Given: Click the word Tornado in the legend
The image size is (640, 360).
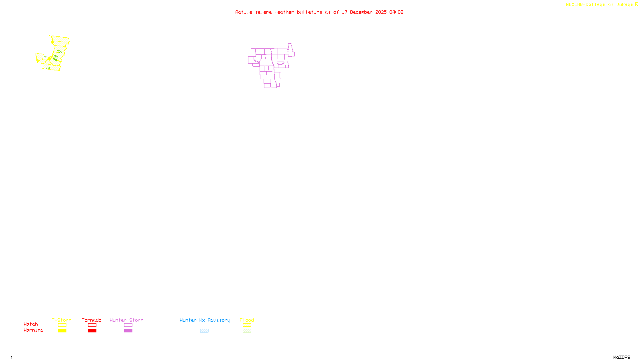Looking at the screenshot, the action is pyautogui.click(x=92, y=320).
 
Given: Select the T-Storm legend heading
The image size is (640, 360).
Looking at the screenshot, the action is pyautogui.click(x=62, y=320).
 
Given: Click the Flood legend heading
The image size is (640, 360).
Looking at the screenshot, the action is pyautogui.click(x=247, y=320).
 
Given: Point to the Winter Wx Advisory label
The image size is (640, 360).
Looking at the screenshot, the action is pyautogui.click(x=205, y=320).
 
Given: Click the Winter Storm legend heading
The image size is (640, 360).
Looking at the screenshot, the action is pyautogui.click(x=126, y=320).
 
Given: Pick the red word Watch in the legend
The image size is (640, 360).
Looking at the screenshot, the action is pyautogui.click(x=31, y=324).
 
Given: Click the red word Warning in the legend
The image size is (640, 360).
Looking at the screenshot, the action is pyautogui.click(x=33, y=330).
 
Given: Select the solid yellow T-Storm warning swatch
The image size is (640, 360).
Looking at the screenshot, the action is pyautogui.click(x=62, y=331).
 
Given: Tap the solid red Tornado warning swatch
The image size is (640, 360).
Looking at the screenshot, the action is pyautogui.click(x=92, y=331).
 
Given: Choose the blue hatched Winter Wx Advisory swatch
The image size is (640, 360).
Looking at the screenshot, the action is pyautogui.click(x=204, y=331).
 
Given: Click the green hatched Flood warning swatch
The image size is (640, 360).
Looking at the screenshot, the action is pyautogui.click(x=247, y=331).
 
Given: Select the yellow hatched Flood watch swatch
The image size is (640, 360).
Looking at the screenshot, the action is pyautogui.click(x=247, y=325).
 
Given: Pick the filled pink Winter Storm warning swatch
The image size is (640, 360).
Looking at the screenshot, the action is pyautogui.click(x=128, y=331).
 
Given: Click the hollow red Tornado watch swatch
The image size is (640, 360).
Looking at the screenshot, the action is pyautogui.click(x=92, y=325).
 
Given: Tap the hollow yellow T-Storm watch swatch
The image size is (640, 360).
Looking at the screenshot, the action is pyautogui.click(x=62, y=325).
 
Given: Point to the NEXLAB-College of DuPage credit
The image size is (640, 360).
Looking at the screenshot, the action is pyautogui.click(x=600, y=4).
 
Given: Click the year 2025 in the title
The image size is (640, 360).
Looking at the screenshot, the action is pyautogui.click(x=381, y=12).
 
